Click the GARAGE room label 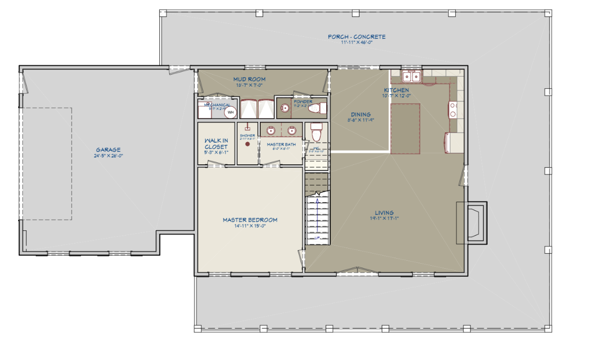coord(108,150)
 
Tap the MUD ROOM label coord(249,79)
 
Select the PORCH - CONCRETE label coord(357,37)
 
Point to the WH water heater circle coord(231,112)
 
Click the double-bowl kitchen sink coord(412,77)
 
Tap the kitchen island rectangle coord(405,128)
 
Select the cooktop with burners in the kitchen coord(453,109)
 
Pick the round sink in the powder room coord(285,107)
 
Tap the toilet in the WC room coord(317,133)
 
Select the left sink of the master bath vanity coord(270,131)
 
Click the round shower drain coord(248,144)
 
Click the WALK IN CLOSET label coord(216,144)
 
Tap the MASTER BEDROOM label coord(250,220)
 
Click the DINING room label coord(361,114)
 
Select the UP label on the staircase coord(317,237)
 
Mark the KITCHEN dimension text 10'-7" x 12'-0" coord(397,96)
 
